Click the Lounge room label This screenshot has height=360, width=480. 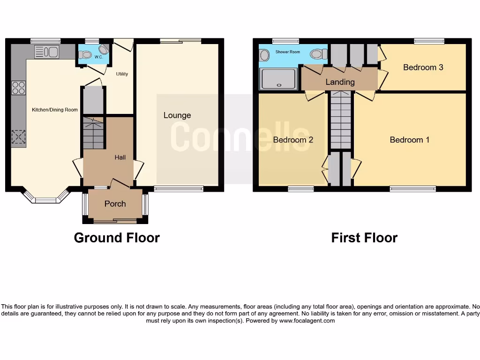click(177, 115)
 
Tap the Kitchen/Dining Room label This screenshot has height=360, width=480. click(54, 110)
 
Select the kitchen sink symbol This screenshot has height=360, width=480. click(46, 52)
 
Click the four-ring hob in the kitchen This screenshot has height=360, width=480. click(18, 88)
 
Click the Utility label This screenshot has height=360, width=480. click(122, 74)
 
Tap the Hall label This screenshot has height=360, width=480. click(120, 157)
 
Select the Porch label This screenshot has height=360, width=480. click(115, 203)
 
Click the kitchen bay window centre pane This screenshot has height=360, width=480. click(45, 201)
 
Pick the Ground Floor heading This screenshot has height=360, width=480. click(117, 238)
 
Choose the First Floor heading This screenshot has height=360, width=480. click(364, 238)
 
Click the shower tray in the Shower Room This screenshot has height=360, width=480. click(279, 78)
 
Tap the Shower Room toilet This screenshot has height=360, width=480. click(319, 54)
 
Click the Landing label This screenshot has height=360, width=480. click(340, 82)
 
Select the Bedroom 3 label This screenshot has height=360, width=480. click(423, 67)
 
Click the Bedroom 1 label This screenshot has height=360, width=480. click(409, 140)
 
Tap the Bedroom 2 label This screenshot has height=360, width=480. click(293, 140)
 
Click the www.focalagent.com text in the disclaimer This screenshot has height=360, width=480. click(307, 321)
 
